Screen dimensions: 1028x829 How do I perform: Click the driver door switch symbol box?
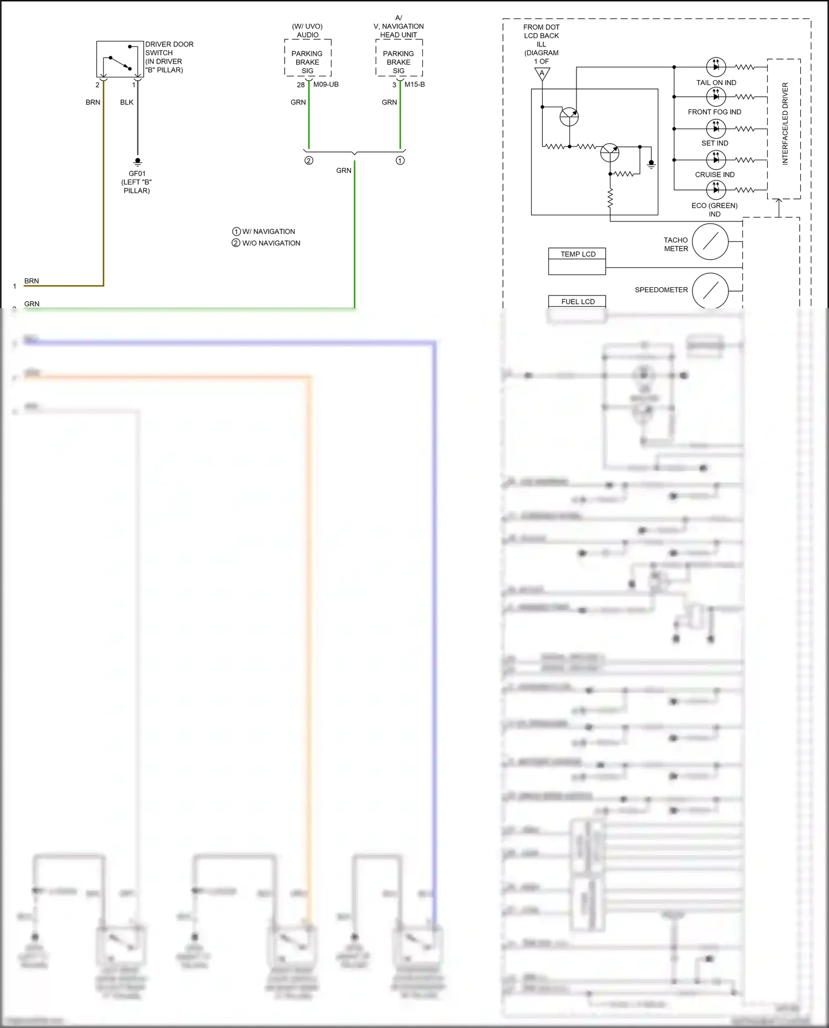pyautogui.click(x=120, y=59)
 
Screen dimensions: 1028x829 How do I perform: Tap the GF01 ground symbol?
pyautogui.click(x=138, y=162)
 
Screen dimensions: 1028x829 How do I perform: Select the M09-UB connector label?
pyautogui.click(x=326, y=85)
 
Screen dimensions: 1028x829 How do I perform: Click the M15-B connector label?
pyautogui.click(x=414, y=85)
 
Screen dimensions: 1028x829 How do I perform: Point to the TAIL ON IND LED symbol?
pyautogui.click(x=716, y=67)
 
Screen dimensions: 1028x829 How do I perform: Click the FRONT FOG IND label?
pyautogui.click(x=714, y=112)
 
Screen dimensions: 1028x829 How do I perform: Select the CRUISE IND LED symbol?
pyautogui.click(x=716, y=160)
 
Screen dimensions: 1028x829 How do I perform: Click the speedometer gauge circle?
pyautogui.click(x=710, y=290)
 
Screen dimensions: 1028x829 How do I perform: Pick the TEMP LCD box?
pyautogui.click(x=577, y=261)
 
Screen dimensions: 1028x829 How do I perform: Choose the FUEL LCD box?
pyautogui.click(x=577, y=301)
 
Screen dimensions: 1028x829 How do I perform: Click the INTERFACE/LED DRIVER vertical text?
pyautogui.click(x=785, y=124)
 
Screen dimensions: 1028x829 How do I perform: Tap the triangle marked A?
pyautogui.click(x=542, y=73)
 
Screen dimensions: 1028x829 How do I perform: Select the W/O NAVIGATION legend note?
pyautogui.click(x=266, y=243)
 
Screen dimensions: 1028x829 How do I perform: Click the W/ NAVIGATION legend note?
pyautogui.click(x=264, y=231)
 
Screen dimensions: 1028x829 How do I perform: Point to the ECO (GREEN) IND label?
pyautogui.click(x=714, y=209)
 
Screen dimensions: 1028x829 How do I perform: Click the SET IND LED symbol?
pyautogui.click(x=716, y=129)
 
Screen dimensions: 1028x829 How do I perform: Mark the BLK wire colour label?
pyautogui.click(x=127, y=102)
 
